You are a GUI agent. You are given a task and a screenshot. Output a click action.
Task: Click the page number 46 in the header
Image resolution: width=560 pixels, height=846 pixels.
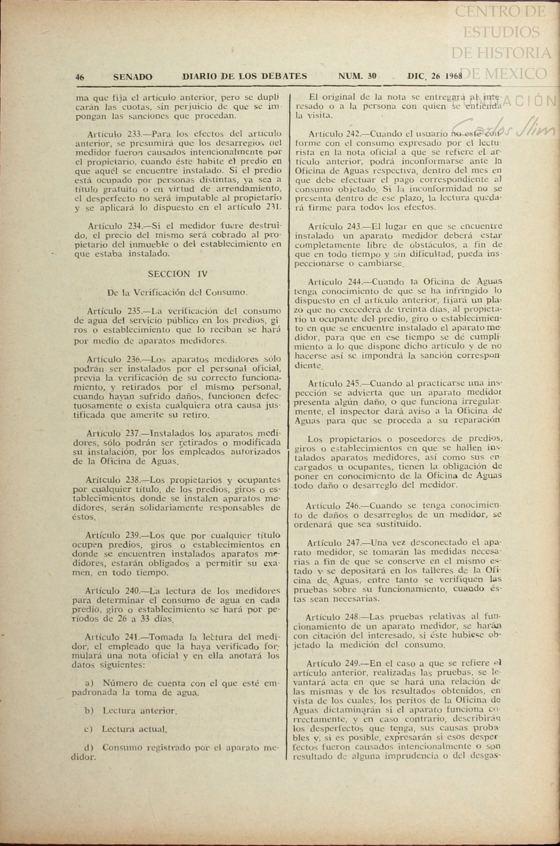(x=80, y=77)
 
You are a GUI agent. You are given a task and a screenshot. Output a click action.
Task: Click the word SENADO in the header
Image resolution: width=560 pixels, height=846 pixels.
(x=133, y=77)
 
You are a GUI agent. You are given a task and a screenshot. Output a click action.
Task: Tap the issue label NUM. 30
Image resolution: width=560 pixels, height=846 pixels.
(x=357, y=76)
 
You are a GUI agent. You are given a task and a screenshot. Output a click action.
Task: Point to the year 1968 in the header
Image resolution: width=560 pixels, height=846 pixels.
(x=453, y=76)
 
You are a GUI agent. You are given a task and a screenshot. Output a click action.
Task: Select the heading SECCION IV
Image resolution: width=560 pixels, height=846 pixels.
(x=178, y=274)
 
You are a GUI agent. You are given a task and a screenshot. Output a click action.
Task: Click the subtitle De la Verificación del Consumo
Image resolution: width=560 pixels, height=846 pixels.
(x=177, y=292)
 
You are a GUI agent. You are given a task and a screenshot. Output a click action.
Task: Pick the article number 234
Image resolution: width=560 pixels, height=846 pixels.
(x=135, y=226)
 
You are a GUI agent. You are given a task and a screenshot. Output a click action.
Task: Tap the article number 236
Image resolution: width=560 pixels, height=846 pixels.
(x=134, y=359)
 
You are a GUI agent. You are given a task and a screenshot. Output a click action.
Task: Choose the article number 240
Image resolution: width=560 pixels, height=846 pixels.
(x=132, y=591)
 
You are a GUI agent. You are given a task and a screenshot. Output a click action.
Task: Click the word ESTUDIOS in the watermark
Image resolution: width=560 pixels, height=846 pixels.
(x=501, y=32)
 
